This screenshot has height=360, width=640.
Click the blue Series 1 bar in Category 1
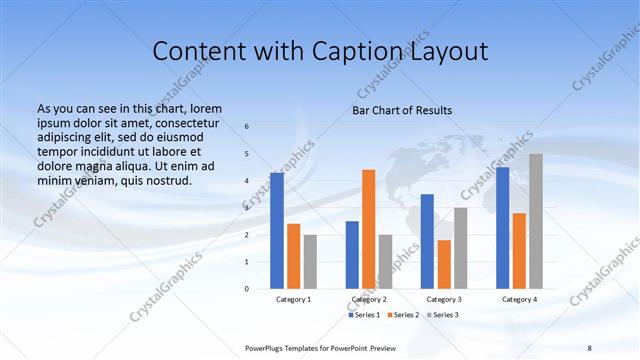(x=277, y=231)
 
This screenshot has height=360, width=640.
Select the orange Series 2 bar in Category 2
(x=369, y=229)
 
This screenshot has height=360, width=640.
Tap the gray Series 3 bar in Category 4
(x=536, y=221)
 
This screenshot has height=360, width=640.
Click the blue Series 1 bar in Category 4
(x=502, y=228)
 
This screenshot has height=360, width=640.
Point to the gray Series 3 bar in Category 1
(x=311, y=262)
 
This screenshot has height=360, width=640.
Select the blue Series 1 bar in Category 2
(x=352, y=255)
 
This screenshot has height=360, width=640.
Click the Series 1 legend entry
(x=364, y=315)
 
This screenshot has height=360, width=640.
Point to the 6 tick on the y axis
(x=247, y=127)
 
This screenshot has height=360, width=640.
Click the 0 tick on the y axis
(x=247, y=289)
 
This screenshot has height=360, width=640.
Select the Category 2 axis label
(x=369, y=299)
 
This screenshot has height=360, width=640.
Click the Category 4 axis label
(x=519, y=299)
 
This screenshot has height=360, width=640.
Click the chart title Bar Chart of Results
(x=402, y=110)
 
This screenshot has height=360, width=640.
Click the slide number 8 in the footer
(x=589, y=347)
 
